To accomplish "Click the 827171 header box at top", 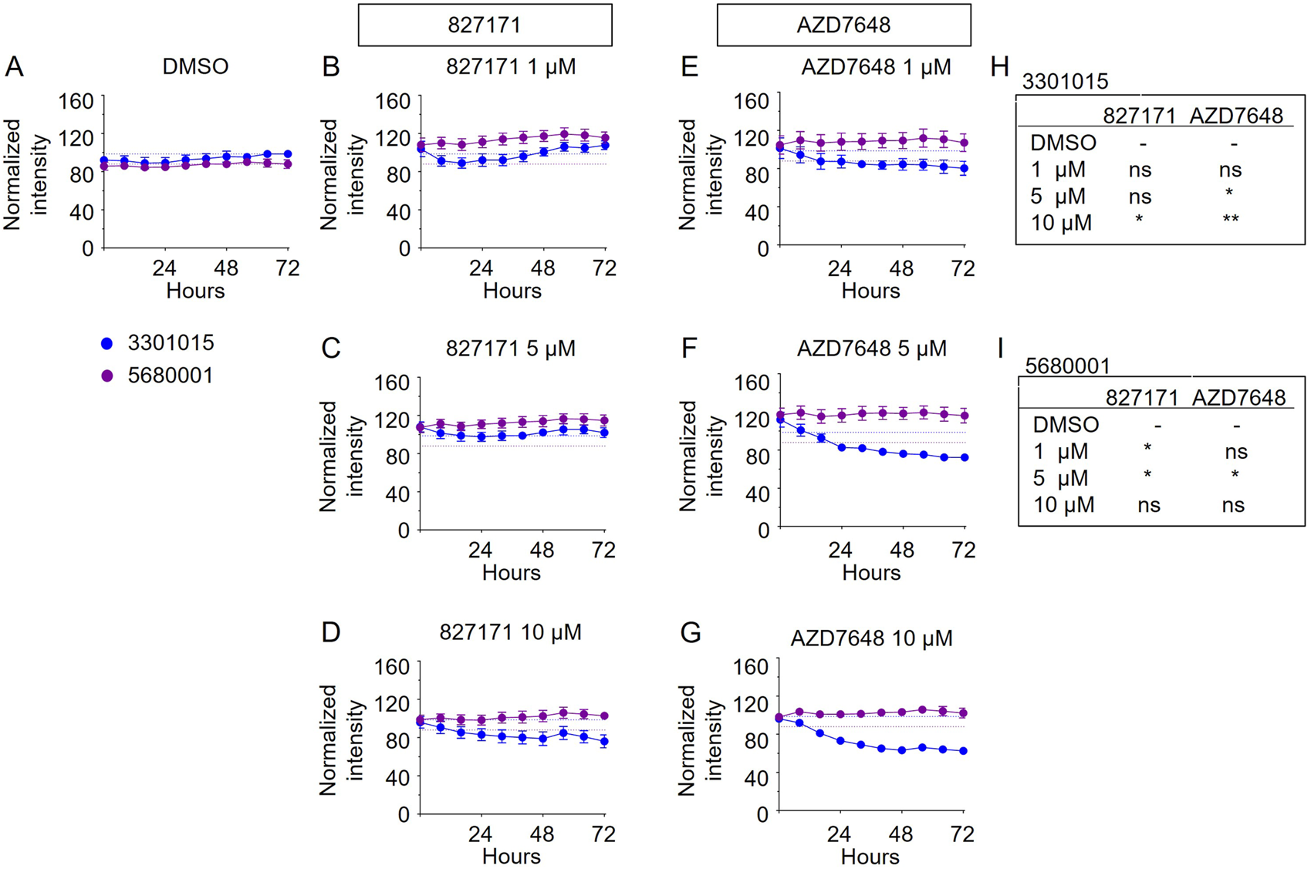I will [x=485, y=25].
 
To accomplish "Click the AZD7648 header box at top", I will [x=843, y=25].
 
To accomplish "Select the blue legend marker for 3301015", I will [x=107, y=344].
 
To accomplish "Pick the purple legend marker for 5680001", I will [x=107, y=376].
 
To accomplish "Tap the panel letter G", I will [x=690, y=633].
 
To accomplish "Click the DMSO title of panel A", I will [x=195, y=67].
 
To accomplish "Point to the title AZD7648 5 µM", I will [x=871, y=349].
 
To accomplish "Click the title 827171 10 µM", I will [x=510, y=632].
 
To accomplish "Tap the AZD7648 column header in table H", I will [x=1236, y=116].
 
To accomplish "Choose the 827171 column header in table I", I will [x=1142, y=398].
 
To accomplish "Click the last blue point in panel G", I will [x=964, y=751].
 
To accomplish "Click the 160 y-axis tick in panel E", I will [x=752, y=101].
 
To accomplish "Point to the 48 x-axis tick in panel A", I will [x=226, y=268].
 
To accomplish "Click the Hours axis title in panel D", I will [x=511, y=856].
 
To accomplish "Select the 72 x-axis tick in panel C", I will [x=603, y=551].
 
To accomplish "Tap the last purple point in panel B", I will [x=605, y=138].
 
